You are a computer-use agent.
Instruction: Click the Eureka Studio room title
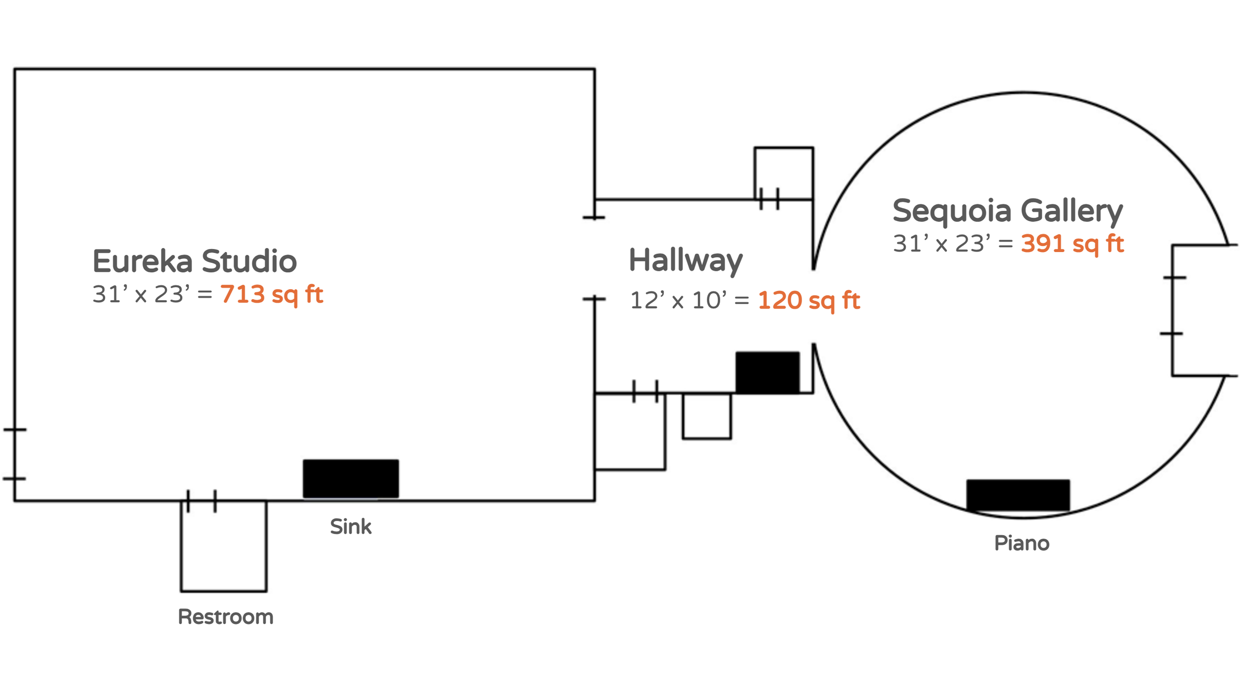point(194,261)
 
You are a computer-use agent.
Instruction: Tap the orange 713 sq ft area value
point(271,295)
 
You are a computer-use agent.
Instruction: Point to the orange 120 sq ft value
point(808,301)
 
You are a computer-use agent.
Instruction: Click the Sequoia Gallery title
point(1007,211)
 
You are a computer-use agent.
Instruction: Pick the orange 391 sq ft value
point(1072,244)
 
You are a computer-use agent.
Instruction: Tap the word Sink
point(350,527)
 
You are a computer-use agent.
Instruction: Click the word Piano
point(1021,543)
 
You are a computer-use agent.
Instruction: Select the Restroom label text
point(226,617)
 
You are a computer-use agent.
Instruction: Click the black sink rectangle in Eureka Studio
point(351,479)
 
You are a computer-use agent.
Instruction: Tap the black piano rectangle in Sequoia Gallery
point(1018,495)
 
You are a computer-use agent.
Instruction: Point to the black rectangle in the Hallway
point(767,373)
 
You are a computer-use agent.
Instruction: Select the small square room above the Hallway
point(783,171)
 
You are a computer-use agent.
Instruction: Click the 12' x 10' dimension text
point(678,301)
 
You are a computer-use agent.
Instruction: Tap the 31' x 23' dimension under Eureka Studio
point(141,295)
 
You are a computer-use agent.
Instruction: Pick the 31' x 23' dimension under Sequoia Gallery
point(941,244)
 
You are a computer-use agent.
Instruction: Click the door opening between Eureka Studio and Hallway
point(594,258)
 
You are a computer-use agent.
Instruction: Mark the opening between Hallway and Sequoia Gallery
point(813,307)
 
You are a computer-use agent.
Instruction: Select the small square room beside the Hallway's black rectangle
point(706,417)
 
